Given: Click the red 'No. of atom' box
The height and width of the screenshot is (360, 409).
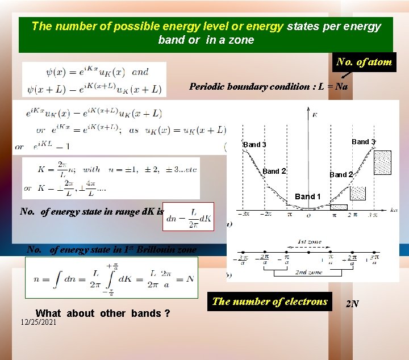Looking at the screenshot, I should click(x=364, y=62).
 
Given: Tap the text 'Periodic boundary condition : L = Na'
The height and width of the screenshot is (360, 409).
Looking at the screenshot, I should click(x=268, y=87).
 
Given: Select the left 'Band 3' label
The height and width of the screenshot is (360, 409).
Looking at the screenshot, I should click(x=254, y=145).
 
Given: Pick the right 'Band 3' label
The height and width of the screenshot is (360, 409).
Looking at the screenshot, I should click(x=363, y=141).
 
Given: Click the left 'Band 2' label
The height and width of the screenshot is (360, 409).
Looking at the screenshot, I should click(x=274, y=171).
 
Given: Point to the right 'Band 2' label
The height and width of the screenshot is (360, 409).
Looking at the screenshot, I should click(x=341, y=175).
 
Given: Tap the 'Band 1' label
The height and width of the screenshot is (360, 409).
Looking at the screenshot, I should click(x=307, y=196).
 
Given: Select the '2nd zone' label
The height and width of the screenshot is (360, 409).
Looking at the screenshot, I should click(x=309, y=273).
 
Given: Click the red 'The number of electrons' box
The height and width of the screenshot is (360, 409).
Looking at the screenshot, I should click(x=270, y=302).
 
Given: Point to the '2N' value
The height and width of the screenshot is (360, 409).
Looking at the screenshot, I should click(x=352, y=304).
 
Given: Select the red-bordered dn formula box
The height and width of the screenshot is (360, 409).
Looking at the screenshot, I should click(x=189, y=216).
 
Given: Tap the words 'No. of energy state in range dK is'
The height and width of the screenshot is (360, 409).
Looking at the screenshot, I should click(x=91, y=212).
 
